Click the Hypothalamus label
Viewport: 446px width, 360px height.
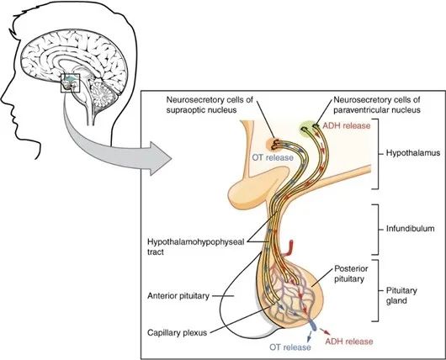(x=413, y=153)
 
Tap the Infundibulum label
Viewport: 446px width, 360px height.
(x=410, y=229)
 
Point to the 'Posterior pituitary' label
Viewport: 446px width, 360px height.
(x=351, y=273)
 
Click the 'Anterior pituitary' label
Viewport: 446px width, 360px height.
(x=178, y=296)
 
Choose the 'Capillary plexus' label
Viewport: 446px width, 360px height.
(x=177, y=332)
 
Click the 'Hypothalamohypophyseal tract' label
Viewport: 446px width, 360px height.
(x=196, y=246)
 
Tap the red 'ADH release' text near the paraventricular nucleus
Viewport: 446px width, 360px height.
(x=347, y=125)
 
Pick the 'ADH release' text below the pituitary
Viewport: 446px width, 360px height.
(x=349, y=341)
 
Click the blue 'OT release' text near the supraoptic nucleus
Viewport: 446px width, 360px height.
(x=273, y=157)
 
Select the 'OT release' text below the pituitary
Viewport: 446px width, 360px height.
(x=290, y=347)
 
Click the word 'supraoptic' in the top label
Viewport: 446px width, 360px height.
(x=185, y=110)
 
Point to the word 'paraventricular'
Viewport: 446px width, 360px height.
(x=359, y=109)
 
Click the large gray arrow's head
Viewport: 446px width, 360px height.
(x=160, y=159)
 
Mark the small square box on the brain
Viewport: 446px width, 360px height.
(x=71, y=83)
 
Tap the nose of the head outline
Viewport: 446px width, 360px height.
(x=3, y=98)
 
